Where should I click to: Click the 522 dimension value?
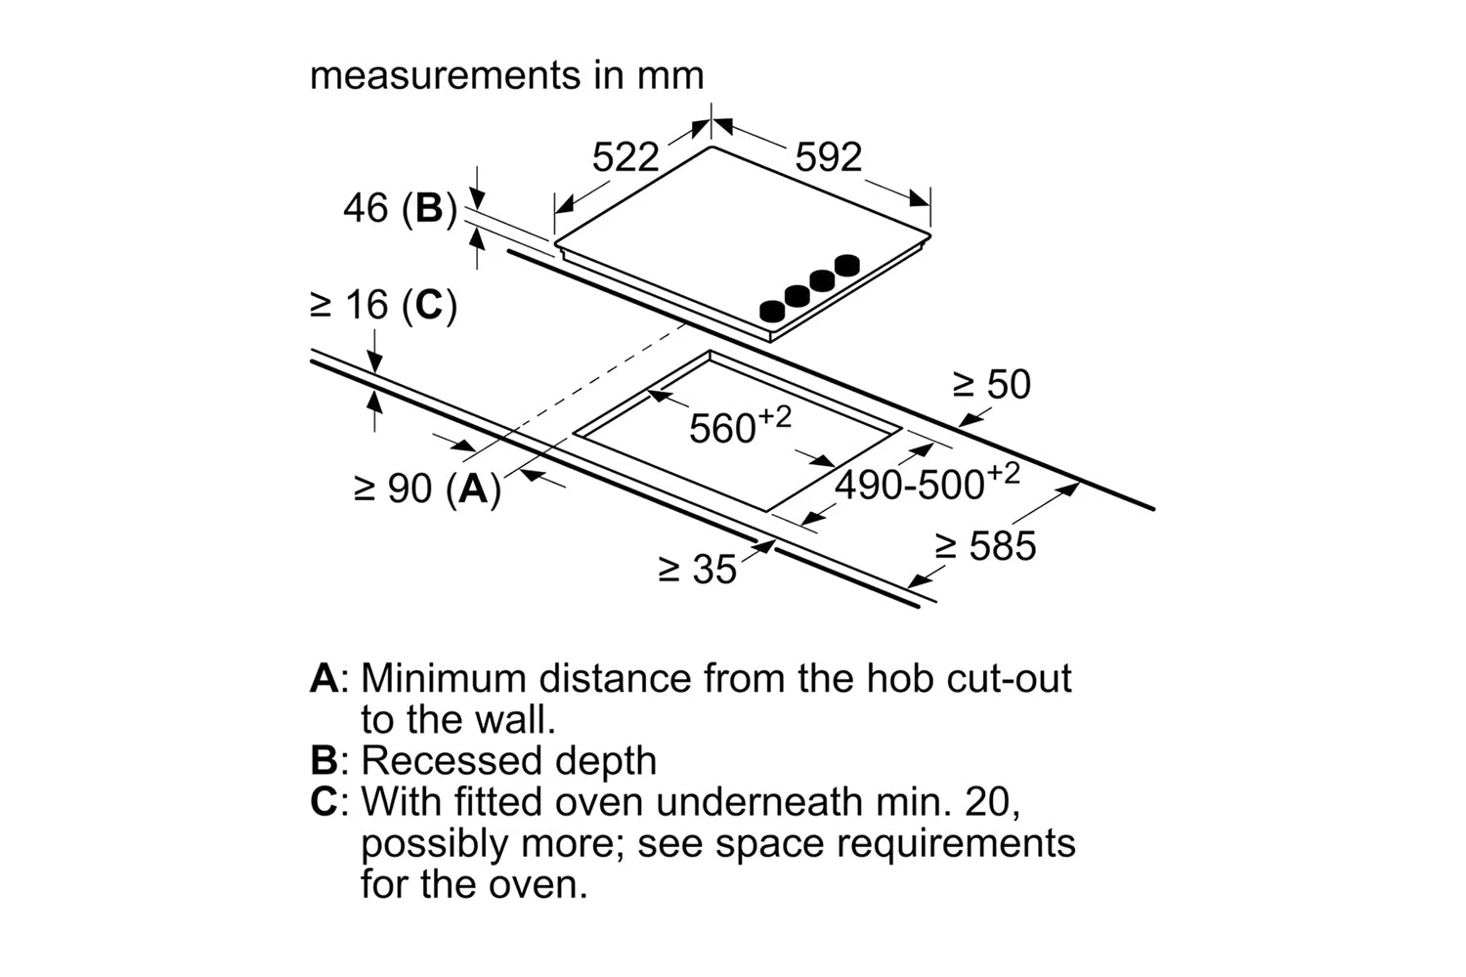(x=625, y=157)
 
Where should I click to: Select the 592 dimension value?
(x=828, y=157)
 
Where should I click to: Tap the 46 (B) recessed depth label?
(x=400, y=208)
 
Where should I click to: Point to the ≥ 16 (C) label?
(x=383, y=306)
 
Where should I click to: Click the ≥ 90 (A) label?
(x=427, y=488)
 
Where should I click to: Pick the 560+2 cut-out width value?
(x=739, y=426)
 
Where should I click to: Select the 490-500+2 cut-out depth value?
(x=926, y=482)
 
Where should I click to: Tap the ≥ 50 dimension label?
(x=992, y=385)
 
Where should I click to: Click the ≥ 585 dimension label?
(x=985, y=546)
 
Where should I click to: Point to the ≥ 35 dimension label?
(x=698, y=569)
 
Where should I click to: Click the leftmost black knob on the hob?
(x=772, y=311)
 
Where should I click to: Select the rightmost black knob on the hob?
(x=847, y=264)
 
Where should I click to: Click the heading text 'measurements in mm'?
(x=506, y=75)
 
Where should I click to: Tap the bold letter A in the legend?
(x=323, y=678)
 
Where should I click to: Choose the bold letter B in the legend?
(x=323, y=761)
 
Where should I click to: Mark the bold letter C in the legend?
(x=323, y=802)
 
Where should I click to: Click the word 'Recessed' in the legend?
(x=446, y=761)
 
